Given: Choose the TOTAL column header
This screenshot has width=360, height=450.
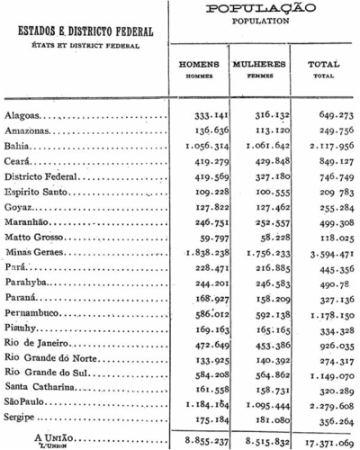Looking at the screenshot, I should point(323,65).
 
